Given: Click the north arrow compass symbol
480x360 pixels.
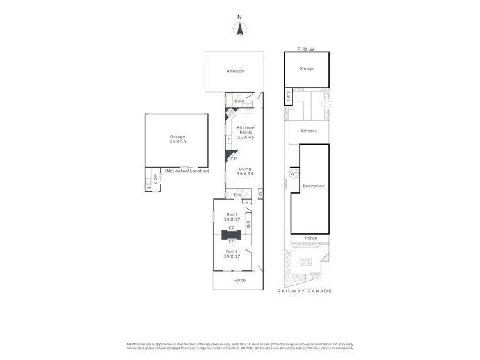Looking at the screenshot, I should pos(239,27).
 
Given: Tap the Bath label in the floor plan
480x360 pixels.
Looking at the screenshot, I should pos(239,101).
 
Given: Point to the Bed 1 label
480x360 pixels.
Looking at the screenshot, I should pos(232,217).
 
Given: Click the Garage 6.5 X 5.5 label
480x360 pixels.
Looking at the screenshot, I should pos(177,139).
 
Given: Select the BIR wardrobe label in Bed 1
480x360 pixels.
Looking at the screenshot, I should pos(248,224).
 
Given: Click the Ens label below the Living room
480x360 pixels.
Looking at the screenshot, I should pos(237,195).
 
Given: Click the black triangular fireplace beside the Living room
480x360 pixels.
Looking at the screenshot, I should pos(228,155).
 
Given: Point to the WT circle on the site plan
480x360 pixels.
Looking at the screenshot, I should pos(294,174).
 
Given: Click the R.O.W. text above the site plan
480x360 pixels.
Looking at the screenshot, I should pos(307,48).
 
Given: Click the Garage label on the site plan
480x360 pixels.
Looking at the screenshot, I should pos(307,68).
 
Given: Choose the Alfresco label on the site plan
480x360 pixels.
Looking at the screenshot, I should pos(309,130).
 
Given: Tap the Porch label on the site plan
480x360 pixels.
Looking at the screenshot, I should pos(310,238).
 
